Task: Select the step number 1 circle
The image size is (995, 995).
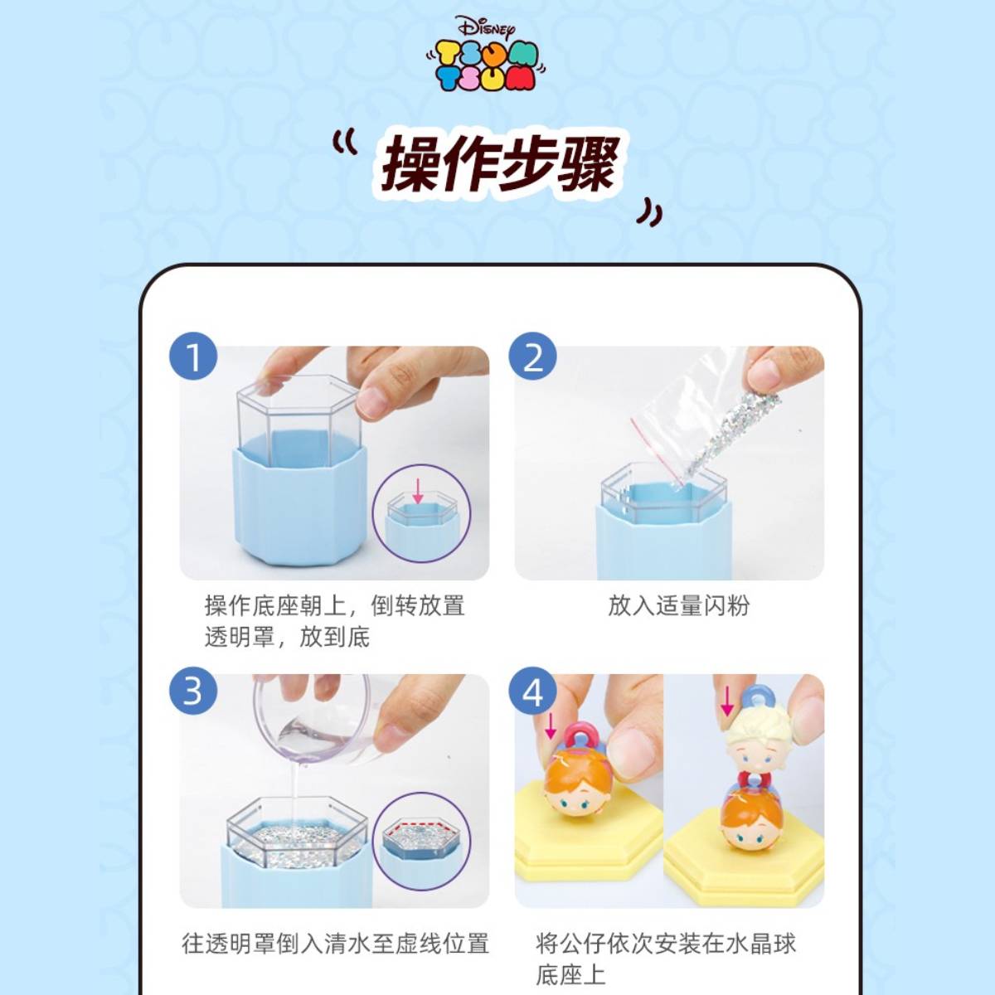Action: tap(193, 357)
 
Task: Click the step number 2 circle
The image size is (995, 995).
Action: tap(532, 357)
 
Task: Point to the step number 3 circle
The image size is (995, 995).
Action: tap(193, 691)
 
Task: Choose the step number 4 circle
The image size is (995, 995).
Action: tap(532, 691)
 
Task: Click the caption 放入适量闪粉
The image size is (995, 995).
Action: tap(678, 605)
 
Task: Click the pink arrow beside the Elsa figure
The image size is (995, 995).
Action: tap(726, 700)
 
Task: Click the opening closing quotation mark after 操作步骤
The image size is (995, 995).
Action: tap(649, 213)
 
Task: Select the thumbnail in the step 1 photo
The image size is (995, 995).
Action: tap(421, 512)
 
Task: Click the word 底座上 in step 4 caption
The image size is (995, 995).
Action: tap(570, 974)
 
